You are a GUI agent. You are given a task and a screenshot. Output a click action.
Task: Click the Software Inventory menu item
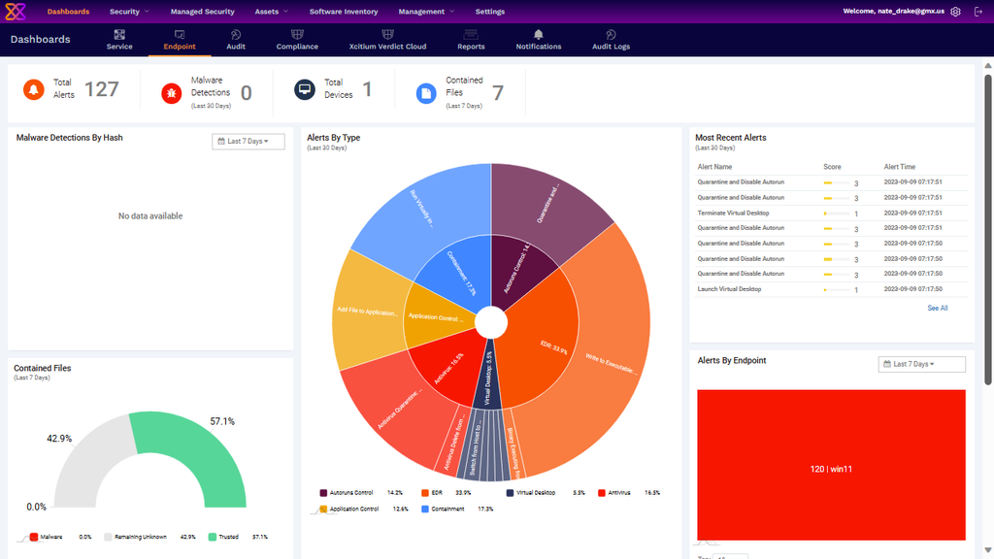(344, 12)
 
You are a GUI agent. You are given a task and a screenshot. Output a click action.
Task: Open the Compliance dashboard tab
(297, 40)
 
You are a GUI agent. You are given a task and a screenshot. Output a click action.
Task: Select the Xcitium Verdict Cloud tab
(387, 40)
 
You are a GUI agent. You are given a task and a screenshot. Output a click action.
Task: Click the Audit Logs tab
(611, 40)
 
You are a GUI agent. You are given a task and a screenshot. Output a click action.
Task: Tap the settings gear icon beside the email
(956, 12)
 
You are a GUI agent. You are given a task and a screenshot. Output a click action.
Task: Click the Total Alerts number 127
(101, 89)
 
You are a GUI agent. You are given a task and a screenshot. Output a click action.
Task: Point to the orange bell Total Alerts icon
(33, 90)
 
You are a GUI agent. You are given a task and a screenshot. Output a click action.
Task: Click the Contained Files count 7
(497, 92)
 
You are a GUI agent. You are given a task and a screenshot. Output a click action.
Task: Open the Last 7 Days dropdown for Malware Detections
(248, 142)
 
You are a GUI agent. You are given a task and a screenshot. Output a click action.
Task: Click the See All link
(937, 308)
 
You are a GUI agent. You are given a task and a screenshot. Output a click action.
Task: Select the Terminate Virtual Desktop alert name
(733, 213)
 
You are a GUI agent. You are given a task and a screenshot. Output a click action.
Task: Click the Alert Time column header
(899, 167)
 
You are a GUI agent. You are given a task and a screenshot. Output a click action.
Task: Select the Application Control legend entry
(353, 509)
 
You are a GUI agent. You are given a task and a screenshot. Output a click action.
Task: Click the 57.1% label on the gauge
(222, 421)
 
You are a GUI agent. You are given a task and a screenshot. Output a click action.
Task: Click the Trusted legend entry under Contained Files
(228, 537)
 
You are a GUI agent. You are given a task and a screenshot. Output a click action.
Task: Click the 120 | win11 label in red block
(831, 469)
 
